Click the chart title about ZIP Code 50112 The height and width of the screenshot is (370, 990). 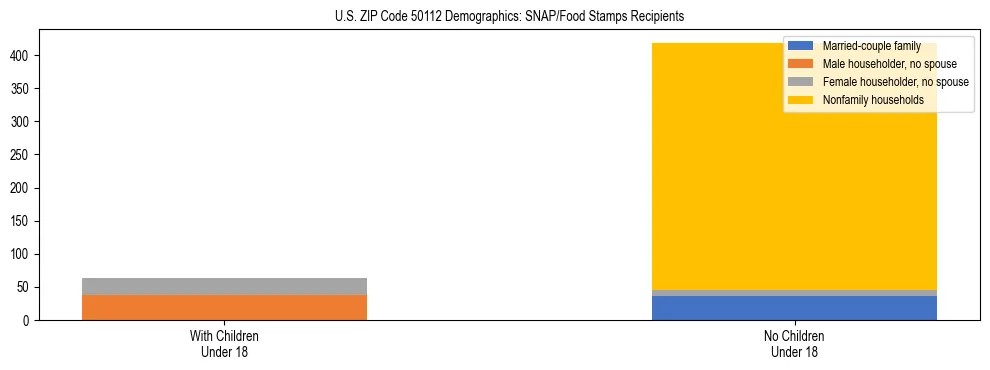point(495,16)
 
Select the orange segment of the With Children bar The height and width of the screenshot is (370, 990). point(224,307)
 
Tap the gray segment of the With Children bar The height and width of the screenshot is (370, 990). point(224,286)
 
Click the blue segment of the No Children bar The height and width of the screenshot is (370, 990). point(794,308)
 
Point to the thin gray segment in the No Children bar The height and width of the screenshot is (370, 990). point(794,293)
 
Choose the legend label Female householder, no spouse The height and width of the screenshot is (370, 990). point(895,82)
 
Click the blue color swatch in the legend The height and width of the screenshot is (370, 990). point(801,46)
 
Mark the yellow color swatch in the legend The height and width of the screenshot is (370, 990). point(801,100)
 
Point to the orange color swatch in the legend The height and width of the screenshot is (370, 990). point(801,64)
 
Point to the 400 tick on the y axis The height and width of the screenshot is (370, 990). point(23,56)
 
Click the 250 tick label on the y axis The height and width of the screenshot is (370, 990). point(23,155)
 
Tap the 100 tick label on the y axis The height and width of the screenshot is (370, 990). point(23,254)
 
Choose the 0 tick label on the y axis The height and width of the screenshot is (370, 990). point(29,320)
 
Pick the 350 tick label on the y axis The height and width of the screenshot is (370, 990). point(23,89)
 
